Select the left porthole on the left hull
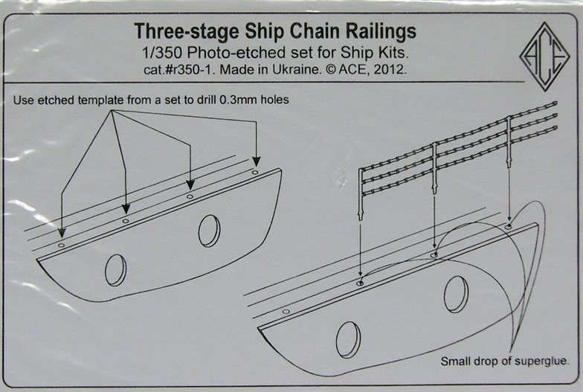point(115,269)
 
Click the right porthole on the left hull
point(209,231)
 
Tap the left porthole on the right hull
point(347,340)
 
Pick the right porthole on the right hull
point(456,294)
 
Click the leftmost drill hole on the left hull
point(61,245)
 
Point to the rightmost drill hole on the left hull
point(255,172)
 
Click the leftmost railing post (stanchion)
point(361,193)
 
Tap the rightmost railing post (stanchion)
point(509,141)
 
